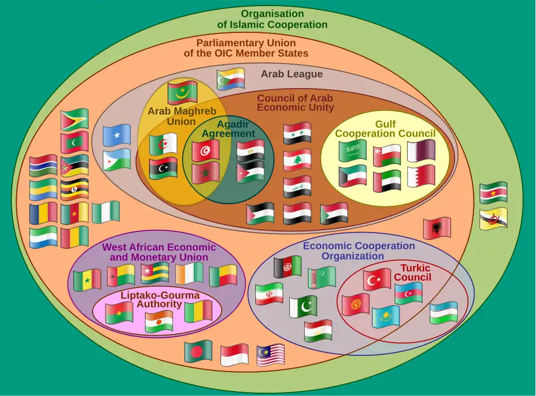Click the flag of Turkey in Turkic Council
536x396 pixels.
377,279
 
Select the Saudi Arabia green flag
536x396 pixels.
353,151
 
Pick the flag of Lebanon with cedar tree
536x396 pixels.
297,160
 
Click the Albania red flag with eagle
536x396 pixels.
437,228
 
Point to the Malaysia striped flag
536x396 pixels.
271,355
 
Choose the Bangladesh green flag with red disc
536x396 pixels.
198,351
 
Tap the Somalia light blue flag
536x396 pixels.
117,135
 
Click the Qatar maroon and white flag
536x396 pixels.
421,151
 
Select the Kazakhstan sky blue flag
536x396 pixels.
386,317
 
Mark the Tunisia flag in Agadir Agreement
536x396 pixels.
205,150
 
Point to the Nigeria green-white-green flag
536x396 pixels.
106,213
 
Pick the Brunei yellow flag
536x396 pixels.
494,218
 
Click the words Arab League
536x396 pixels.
291,74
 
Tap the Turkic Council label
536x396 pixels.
412,273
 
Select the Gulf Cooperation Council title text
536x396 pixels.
385,128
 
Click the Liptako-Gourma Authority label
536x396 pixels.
160,300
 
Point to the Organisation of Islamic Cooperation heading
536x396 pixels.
272,19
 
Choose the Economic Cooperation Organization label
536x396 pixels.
358,251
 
